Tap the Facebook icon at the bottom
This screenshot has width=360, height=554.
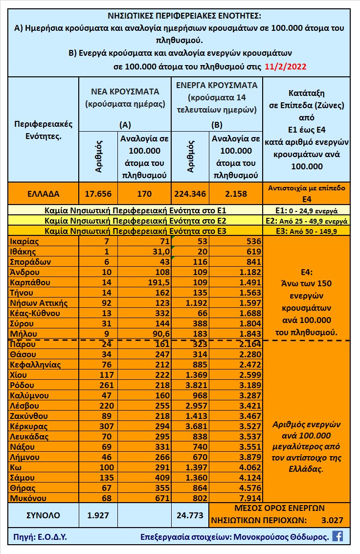(337, 536)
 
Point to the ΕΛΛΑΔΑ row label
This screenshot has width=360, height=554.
(43, 194)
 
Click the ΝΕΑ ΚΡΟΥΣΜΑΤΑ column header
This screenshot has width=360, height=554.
(125, 92)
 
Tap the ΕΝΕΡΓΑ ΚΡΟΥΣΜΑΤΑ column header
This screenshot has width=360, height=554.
(217, 85)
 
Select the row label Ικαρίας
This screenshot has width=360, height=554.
(24, 241)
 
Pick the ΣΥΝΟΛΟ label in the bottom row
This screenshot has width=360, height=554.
(43, 515)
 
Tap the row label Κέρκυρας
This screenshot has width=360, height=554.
(28, 426)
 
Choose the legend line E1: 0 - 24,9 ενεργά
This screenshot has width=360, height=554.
(306, 211)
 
